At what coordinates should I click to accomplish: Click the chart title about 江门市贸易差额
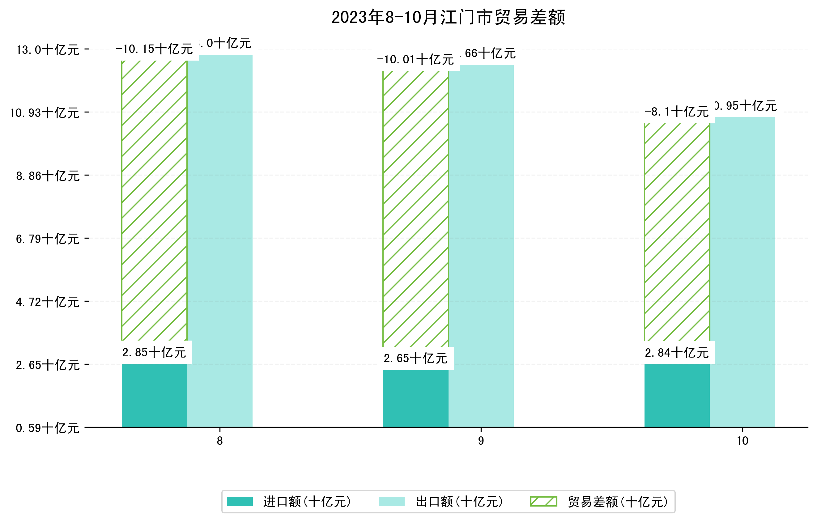[x=448, y=17]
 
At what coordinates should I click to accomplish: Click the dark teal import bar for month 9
[x=416, y=399]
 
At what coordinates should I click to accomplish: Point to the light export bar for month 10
[x=743, y=271]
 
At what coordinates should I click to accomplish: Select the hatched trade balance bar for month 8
[x=154, y=200]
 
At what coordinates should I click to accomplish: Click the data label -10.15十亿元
[x=154, y=49]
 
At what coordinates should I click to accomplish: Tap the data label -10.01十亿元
[x=416, y=60]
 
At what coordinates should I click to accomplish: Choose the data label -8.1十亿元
[x=677, y=112]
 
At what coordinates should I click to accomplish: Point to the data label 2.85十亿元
[x=154, y=353]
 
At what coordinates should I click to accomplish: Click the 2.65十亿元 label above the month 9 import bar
[x=416, y=359]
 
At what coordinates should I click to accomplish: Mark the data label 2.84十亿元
[x=677, y=353]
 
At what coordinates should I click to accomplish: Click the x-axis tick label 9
[x=481, y=441]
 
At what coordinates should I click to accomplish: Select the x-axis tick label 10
[x=743, y=441]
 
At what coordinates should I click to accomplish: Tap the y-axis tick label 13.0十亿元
[x=48, y=50]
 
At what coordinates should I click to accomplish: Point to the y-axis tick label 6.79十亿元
[x=48, y=239]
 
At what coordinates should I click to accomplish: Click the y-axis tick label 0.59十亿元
[x=48, y=428]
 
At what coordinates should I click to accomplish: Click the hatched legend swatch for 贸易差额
[x=543, y=502]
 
